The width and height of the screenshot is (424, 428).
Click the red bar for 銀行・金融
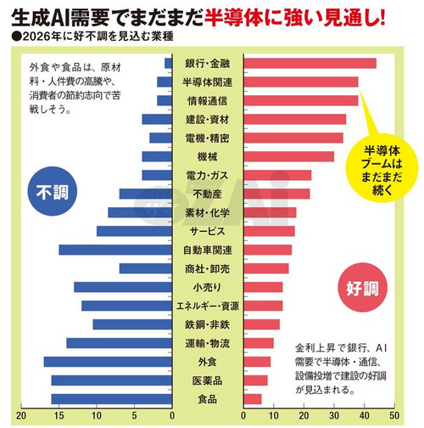click(x=310, y=63)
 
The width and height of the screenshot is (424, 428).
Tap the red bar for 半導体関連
click(x=300, y=82)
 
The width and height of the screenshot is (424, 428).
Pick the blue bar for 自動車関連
click(x=115, y=250)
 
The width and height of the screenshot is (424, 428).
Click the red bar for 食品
click(x=253, y=399)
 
